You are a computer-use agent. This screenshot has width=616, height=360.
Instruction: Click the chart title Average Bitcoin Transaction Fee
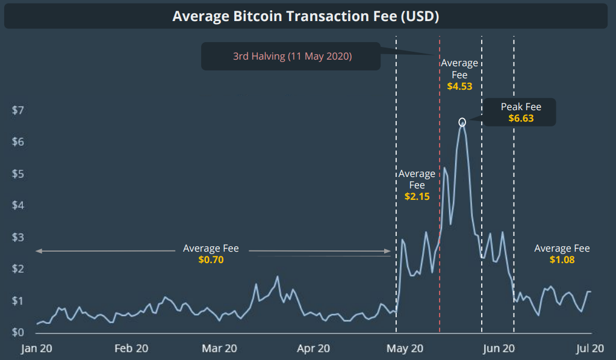coord(305,16)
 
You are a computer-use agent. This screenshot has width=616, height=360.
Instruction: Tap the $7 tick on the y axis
coord(18,110)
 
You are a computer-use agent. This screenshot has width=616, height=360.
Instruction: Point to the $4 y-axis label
coord(18,205)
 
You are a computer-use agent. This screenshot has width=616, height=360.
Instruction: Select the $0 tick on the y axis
coord(18,333)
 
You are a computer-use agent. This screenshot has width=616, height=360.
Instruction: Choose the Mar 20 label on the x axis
coord(220,348)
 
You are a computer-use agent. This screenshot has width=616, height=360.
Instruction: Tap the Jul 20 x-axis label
coord(590,348)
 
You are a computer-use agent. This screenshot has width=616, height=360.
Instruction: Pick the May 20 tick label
coord(405,348)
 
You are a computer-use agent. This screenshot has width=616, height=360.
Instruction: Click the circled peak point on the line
coord(462,122)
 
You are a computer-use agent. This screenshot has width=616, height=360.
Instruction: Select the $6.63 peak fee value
coord(521,119)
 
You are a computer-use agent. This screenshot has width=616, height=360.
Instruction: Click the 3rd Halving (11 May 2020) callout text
coord(293,57)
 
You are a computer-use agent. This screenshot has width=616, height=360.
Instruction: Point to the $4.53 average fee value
coord(459,86)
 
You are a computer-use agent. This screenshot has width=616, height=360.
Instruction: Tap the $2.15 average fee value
coord(417,196)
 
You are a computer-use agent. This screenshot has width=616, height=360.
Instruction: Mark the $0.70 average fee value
coord(211,259)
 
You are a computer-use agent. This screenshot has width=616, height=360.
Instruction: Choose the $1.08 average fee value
coord(562,259)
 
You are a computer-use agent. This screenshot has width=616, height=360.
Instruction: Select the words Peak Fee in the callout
coord(521,107)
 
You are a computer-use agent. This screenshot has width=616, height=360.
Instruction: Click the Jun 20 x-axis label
coord(499,348)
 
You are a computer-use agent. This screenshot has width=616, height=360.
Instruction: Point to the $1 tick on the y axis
coord(18,301)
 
